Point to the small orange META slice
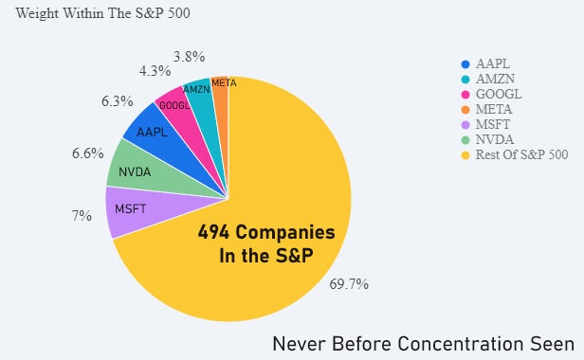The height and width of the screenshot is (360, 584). [221, 84]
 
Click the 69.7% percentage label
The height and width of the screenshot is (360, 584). [349, 284]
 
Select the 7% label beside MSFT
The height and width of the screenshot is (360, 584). [82, 216]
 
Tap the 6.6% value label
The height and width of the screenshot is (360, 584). [87, 153]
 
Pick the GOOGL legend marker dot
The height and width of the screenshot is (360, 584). [465, 94]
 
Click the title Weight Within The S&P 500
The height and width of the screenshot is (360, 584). [101, 12]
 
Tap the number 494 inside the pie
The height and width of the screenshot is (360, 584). [217, 232]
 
